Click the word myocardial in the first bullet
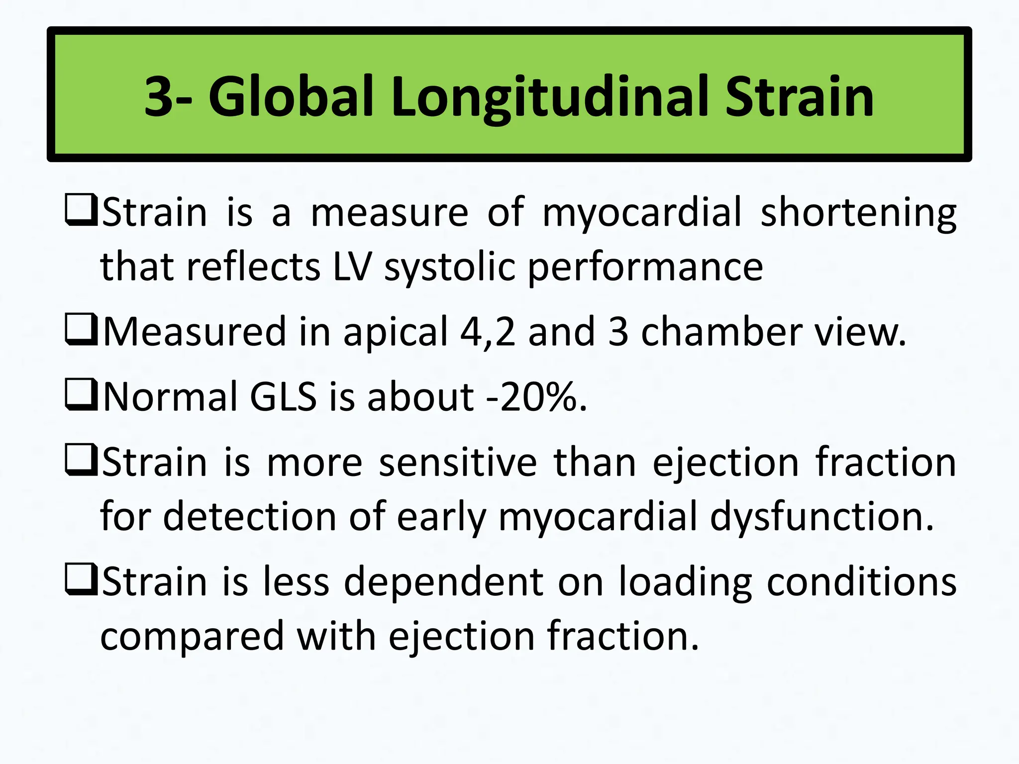pyautogui.click(x=642, y=213)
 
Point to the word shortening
pyautogui.click(x=858, y=213)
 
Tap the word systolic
pyautogui.click(x=449, y=267)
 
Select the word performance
pyautogui.click(x=645, y=267)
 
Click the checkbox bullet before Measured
pyautogui.click(x=81, y=331)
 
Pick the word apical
pyautogui.click(x=396, y=332)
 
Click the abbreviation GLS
pyautogui.click(x=283, y=397)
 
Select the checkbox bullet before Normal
pyautogui.click(x=81, y=396)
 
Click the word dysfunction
pyautogui.click(x=822, y=516)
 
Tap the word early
pyautogui.click(x=440, y=516)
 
